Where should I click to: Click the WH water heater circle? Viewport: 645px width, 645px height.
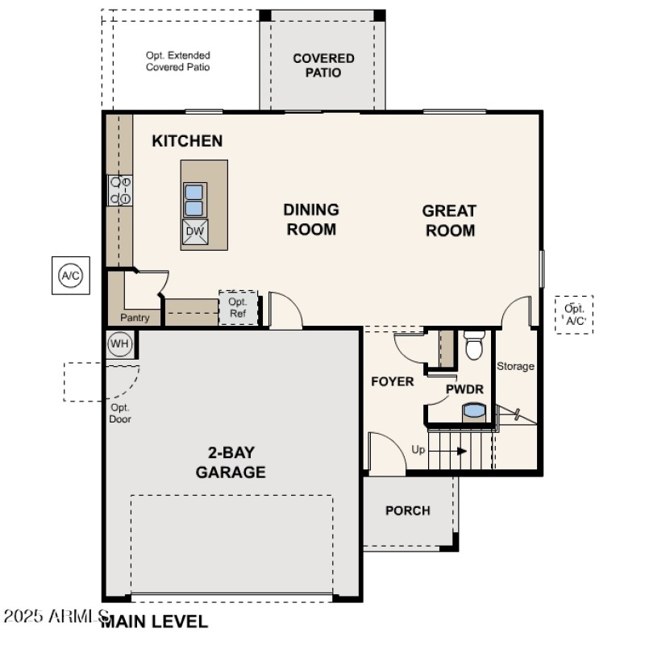[x=119, y=344]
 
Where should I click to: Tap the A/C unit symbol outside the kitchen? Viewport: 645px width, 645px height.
[x=71, y=277]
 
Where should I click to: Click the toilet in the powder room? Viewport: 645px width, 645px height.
[x=474, y=345]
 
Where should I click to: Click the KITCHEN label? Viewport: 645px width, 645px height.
[x=187, y=141]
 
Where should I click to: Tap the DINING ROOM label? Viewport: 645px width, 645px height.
[x=310, y=219]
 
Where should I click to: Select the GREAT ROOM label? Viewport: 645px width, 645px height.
[x=449, y=220]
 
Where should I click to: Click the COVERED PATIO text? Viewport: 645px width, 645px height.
[x=323, y=65]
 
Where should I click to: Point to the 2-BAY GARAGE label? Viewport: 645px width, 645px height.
[x=231, y=463]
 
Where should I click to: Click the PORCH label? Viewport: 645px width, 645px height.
[x=407, y=510]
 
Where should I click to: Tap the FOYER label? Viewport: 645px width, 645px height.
[x=392, y=381]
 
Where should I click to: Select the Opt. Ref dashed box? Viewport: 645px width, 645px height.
[x=238, y=308]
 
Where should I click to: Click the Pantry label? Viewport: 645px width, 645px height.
[x=135, y=318]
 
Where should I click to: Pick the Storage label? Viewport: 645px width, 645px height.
[x=515, y=366]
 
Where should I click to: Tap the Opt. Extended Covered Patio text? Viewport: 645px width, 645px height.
[x=177, y=61]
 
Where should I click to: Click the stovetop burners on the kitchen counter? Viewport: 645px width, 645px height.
[x=120, y=190]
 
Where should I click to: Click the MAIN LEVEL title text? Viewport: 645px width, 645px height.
[x=154, y=622]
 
